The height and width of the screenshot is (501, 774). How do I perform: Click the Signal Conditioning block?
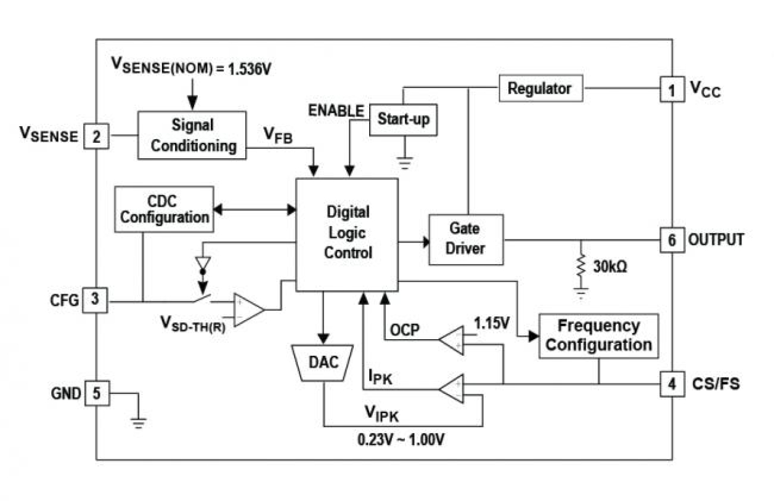191,135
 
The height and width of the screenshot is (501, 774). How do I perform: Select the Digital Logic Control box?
347,234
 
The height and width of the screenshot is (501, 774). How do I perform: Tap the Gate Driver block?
466,239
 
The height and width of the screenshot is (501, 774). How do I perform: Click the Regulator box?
540,88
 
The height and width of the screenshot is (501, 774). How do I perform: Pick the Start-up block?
402,119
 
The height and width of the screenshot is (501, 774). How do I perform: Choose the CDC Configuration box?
165,209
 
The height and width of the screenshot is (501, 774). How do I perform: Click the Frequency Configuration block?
598,335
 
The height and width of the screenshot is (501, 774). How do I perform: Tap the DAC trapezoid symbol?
324,363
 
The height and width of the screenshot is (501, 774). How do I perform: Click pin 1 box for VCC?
672,90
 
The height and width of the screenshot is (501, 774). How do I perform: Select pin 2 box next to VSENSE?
96,136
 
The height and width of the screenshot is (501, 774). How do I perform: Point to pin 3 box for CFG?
95,300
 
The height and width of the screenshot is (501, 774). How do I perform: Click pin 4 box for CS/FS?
672,384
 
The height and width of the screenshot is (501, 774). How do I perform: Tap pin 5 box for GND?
96,393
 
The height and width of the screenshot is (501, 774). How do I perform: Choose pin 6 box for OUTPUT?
672,239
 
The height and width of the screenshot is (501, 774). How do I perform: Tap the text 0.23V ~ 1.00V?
402,441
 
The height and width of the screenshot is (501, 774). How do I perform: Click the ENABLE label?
336,111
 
